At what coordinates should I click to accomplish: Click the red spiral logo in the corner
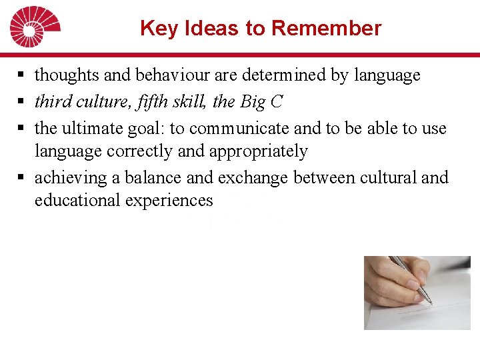[x=34, y=27]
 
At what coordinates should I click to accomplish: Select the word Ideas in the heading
[x=201, y=29]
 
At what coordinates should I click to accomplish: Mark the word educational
[x=77, y=200]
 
